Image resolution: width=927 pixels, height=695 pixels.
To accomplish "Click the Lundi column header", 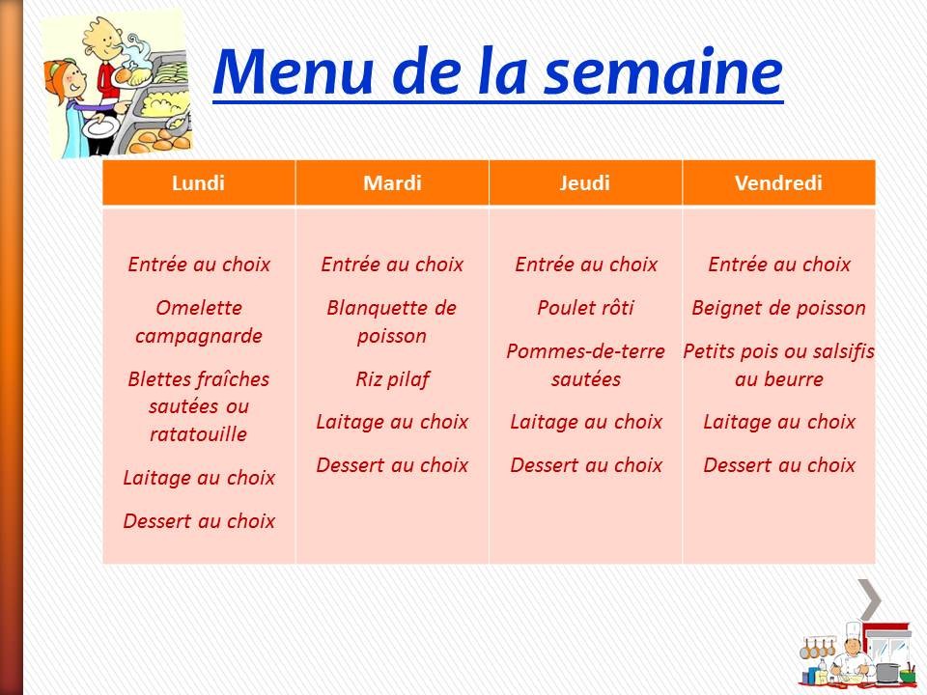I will [198, 183].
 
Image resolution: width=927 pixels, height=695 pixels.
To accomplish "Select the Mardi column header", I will [392, 183].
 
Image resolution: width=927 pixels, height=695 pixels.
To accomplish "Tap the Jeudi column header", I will [585, 183].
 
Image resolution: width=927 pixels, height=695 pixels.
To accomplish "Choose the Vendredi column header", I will [778, 183].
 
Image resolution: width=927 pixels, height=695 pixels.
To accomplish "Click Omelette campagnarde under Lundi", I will [199, 322].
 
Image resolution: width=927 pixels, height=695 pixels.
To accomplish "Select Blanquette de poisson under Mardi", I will [392, 322].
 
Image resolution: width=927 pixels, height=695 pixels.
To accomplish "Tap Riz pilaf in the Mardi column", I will [392, 378].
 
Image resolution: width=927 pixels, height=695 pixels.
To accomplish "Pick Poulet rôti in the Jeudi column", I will [585, 309].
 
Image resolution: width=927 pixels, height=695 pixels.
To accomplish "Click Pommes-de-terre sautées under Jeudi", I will [585, 365].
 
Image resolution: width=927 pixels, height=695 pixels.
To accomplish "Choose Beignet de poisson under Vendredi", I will [778, 309].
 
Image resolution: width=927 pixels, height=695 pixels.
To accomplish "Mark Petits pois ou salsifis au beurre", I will [778, 365].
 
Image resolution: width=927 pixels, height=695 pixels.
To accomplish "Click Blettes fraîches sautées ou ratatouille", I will [199, 406].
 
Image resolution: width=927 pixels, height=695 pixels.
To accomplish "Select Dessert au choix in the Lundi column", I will [199, 521].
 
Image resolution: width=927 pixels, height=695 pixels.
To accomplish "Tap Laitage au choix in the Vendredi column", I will [778, 422].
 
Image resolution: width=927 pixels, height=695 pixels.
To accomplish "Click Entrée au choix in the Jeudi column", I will [585, 264].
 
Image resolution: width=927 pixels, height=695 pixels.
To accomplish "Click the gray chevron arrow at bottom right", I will [869, 599].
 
